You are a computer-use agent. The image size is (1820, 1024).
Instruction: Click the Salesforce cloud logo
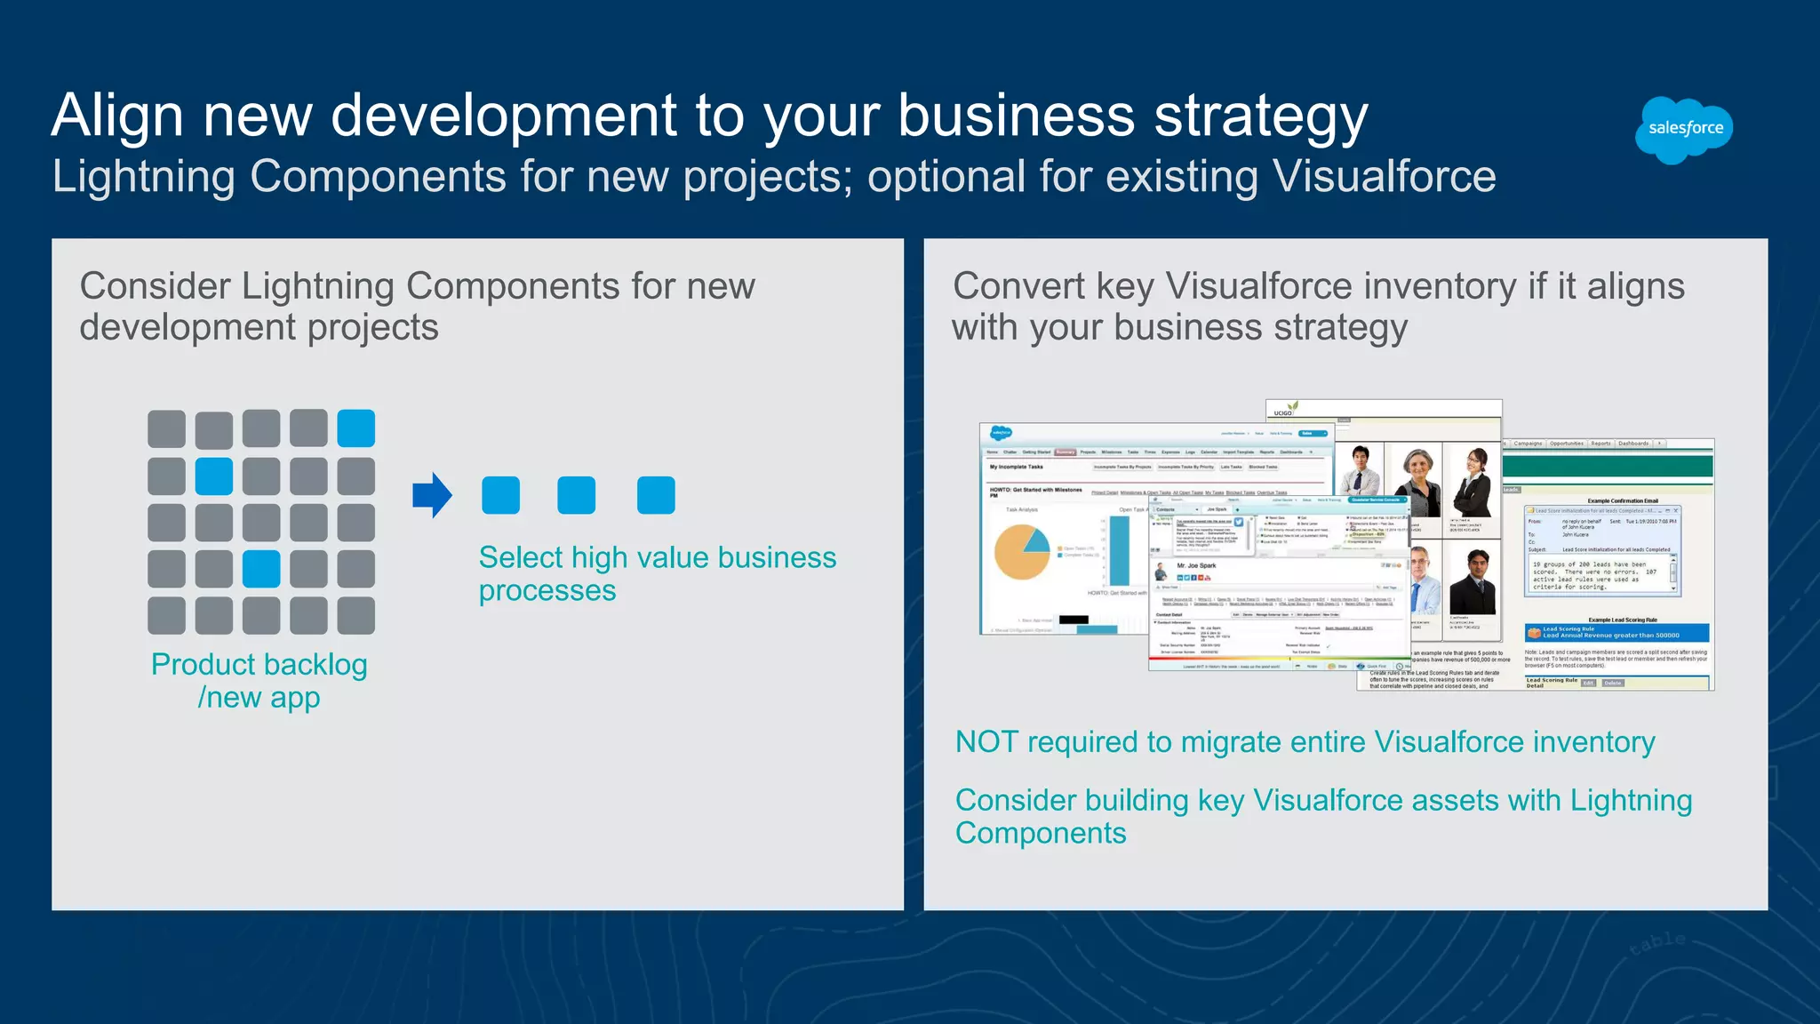(1684, 130)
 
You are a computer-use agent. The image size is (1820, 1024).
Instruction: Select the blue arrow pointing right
(433, 495)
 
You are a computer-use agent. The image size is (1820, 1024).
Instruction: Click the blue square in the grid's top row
(356, 428)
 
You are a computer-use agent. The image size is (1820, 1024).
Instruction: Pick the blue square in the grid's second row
(214, 476)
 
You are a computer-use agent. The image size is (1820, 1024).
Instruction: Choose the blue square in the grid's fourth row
(261, 569)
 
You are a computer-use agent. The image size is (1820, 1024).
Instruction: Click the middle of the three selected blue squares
(576, 495)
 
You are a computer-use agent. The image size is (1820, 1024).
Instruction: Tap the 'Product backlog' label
(259, 665)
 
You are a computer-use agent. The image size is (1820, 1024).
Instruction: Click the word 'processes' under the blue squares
(547, 591)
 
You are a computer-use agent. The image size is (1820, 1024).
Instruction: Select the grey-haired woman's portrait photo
(1418, 481)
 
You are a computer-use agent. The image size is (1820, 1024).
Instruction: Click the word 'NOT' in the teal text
(986, 742)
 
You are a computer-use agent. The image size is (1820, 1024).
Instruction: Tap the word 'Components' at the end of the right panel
(1041, 834)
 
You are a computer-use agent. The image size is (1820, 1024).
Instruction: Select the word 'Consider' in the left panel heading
(156, 287)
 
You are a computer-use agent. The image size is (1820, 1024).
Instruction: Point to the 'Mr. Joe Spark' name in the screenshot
(1196, 565)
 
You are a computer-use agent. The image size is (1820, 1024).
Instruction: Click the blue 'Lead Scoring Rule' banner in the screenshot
(1616, 632)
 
